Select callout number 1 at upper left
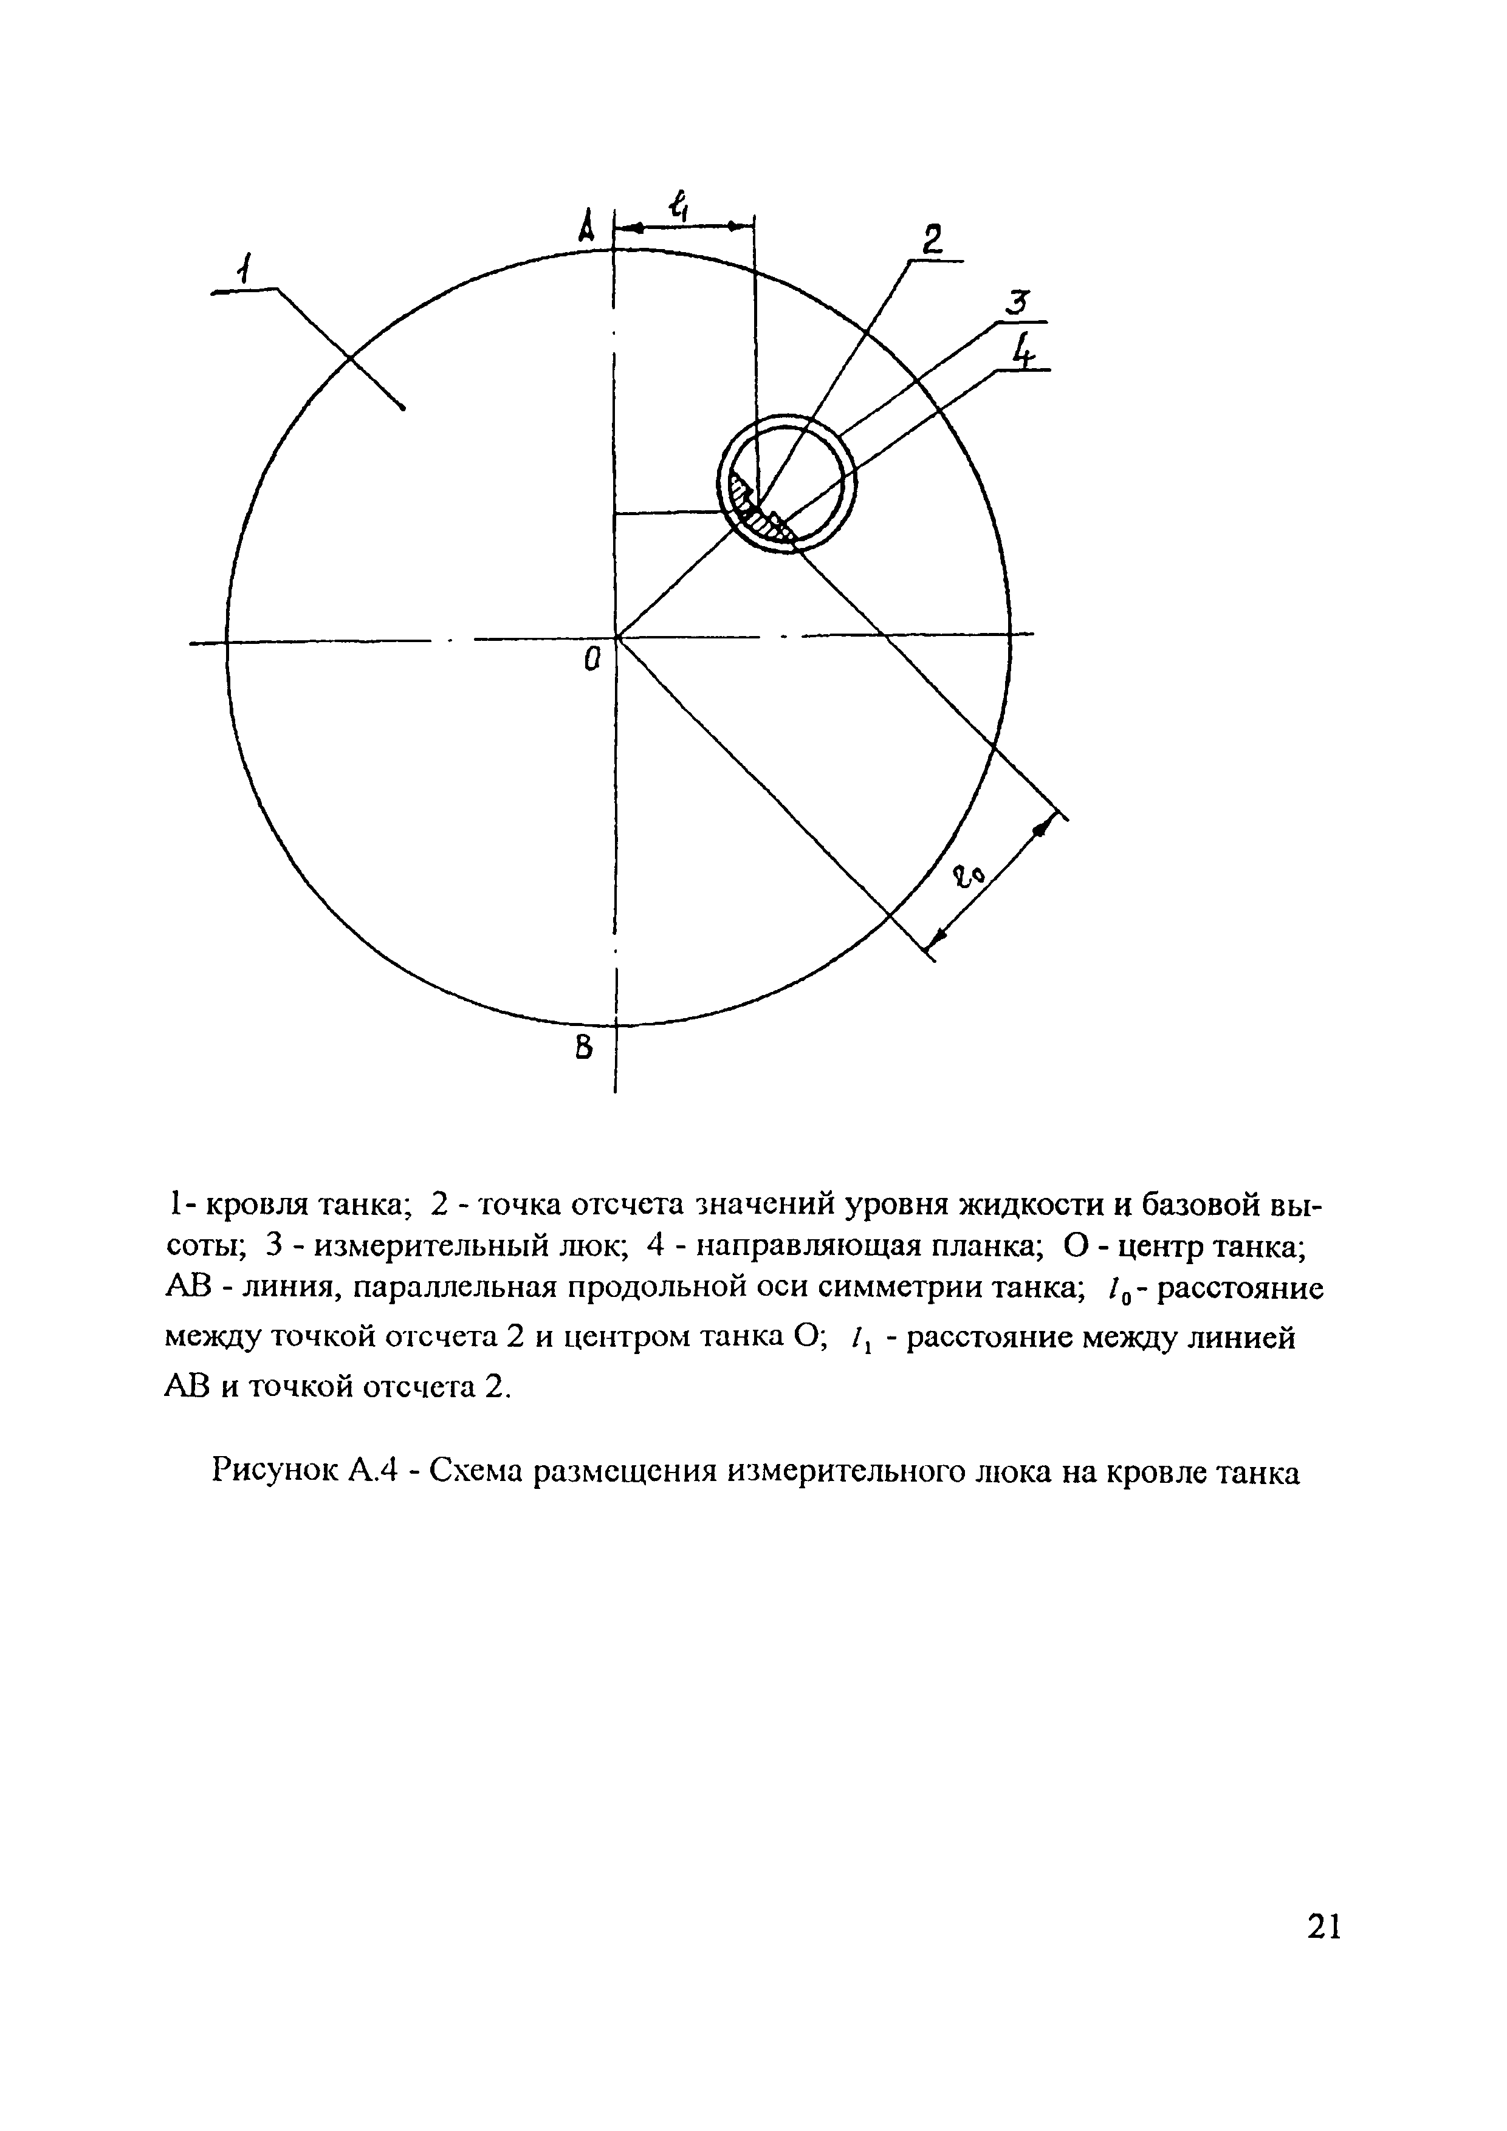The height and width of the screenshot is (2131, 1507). click(x=243, y=271)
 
